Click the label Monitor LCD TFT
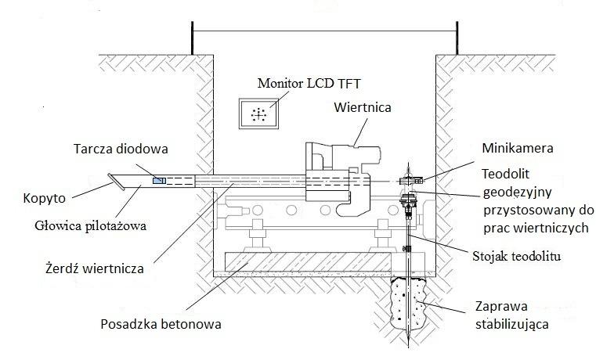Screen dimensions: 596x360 pyautogui.click(x=309, y=83)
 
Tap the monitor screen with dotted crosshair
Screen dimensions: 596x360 pyautogui.click(x=259, y=113)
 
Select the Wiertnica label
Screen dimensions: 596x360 pyautogui.click(x=363, y=107)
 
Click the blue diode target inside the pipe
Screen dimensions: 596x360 pyautogui.click(x=159, y=181)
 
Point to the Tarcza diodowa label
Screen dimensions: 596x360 pyautogui.click(x=121, y=149)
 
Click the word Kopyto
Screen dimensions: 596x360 pyautogui.click(x=44, y=198)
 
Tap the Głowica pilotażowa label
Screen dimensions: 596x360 pyautogui.click(x=91, y=226)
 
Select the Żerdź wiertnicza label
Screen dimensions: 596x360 pyautogui.click(x=95, y=268)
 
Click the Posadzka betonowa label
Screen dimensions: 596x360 pyautogui.click(x=161, y=324)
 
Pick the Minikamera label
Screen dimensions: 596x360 pyautogui.click(x=518, y=148)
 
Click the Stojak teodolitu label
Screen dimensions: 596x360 pyautogui.click(x=517, y=256)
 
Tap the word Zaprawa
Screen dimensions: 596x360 pyautogui.click(x=501, y=306)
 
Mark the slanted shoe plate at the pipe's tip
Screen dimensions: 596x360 pyautogui.click(x=116, y=182)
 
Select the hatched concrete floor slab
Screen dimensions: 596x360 pyautogui.click(x=308, y=262)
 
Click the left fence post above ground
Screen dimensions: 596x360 pyautogui.click(x=193, y=38)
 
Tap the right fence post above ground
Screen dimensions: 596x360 pyautogui.click(x=457, y=38)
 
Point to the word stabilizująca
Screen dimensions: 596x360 pyautogui.click(x=512, y=325)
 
